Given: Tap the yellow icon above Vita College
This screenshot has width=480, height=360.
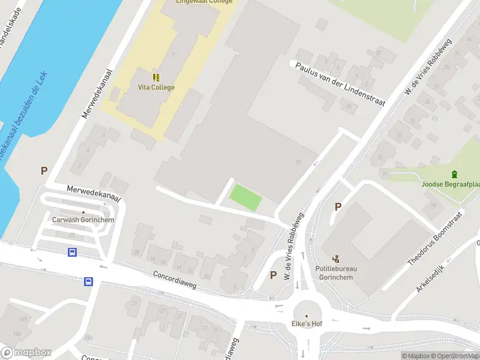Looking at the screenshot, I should tap(156, 77).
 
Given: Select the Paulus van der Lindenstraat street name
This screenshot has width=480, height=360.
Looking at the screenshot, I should tap(339, 82).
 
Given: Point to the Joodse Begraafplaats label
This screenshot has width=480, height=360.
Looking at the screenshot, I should tap(451, 185).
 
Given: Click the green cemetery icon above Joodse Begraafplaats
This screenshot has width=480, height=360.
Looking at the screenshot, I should tap(455, 175).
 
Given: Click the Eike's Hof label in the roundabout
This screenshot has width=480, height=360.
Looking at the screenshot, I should tap(307, 324).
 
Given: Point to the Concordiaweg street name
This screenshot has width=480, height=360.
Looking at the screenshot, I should tap(174, 282).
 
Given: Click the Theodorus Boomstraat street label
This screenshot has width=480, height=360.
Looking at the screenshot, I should tap(436, 238).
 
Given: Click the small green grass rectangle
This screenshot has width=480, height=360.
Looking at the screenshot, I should tap(246, 197).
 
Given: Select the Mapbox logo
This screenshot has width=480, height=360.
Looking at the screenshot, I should tap(26, 353).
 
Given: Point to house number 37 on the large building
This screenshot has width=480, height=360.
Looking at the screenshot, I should tap(298, 163).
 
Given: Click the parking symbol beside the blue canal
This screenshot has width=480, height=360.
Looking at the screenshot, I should tap(44, 171).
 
